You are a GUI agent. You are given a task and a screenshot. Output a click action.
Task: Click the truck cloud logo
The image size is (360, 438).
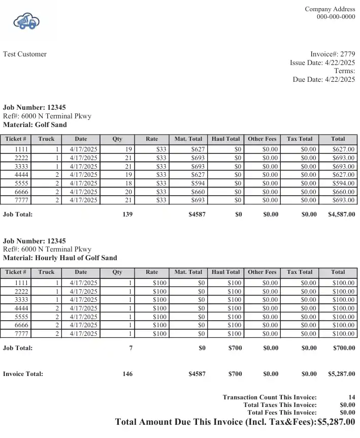tap(27, 22)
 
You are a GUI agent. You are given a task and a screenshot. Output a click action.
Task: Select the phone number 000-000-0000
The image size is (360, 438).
tap(336, 17)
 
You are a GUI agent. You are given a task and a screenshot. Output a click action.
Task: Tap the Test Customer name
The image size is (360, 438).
tap(25, 54)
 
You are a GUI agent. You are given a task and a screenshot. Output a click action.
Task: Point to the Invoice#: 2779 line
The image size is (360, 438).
tap(333, 54)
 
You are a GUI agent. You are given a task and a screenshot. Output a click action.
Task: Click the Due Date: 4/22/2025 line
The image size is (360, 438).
tap(323, 80)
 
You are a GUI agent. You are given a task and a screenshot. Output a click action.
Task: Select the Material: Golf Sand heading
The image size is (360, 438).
tap(35, 124)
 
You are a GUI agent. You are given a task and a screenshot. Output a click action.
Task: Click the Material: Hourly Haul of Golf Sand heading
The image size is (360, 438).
tap(60, 258)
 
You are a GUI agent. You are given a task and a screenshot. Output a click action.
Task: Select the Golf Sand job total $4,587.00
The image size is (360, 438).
tap(342, 214)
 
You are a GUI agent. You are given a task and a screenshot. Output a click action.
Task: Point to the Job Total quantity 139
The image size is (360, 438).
tap(127, 214)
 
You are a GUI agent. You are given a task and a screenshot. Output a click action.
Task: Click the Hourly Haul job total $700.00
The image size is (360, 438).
tap(344, 348)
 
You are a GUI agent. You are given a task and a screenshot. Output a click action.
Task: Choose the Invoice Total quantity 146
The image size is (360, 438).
tap(127, 374)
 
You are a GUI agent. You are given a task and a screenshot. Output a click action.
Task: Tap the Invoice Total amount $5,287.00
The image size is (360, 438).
tap(342, 374)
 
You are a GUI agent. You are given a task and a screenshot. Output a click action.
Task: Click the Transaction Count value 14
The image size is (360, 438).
tap(351, 397)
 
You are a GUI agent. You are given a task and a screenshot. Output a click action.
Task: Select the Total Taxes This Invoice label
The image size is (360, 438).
tap(280, 404)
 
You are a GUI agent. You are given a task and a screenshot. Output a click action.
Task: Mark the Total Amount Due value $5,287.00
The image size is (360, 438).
tap(336, 422)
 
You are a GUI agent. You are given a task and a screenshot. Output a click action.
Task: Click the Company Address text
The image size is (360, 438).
tap(330, 9)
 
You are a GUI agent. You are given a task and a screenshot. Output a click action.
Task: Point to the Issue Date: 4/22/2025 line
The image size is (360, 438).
tap(322, 63)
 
